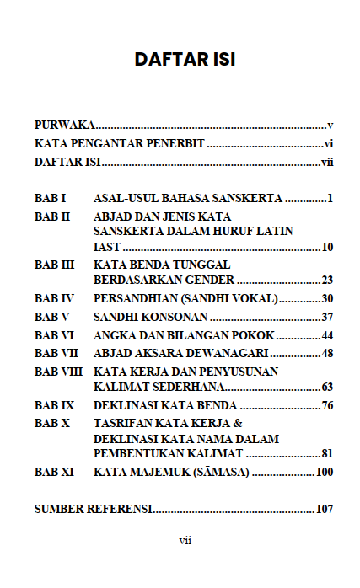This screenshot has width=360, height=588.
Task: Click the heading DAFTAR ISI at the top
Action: tap(184, 60)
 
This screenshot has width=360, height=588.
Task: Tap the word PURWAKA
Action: tap(64, 125)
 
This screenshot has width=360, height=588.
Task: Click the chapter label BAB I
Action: tap(50, 199)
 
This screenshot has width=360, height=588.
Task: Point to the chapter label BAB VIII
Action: tap(59, 371)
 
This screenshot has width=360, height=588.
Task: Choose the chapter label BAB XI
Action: tap(55, 472)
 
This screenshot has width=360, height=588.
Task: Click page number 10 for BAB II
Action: tap(328, 247)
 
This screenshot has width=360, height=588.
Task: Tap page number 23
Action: tap(328, 280)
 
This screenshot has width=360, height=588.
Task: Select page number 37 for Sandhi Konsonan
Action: tap(328, 317)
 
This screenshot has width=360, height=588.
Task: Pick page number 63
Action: tap(328, 387)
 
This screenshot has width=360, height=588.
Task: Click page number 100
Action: tap(325, 472)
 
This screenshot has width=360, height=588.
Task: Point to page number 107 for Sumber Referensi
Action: tap(325, 510)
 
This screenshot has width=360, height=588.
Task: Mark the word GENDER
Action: tap(211, 280)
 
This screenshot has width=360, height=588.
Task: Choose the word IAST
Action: tap(107, 247)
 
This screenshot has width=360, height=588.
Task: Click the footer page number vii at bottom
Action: tap(185, 540)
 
